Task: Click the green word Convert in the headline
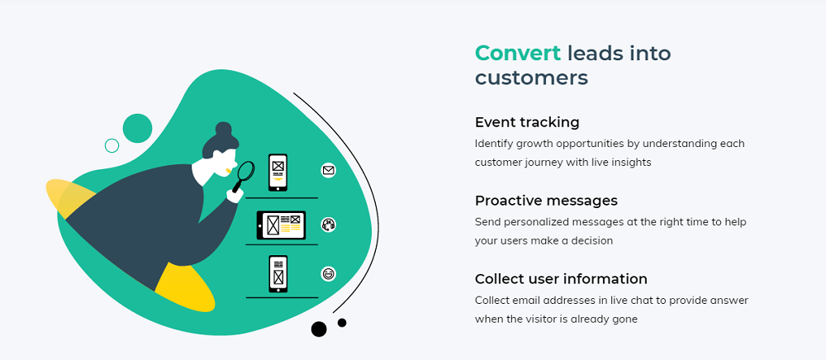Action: point(518,53)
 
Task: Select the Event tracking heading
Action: point(527,123)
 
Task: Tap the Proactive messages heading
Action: point(546,201)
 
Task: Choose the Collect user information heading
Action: point(561,278)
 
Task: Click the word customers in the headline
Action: point(531,78)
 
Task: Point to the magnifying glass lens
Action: point(246,171)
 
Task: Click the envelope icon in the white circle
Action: point(328,171)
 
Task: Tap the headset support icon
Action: point(328,225)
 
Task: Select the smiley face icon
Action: point(328,273)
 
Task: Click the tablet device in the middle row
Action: point(281,225)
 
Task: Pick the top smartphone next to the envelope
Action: point(278,172)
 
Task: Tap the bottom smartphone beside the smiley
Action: point(278,273)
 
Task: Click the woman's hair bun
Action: point(223,129)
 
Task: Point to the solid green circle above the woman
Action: point(137,128)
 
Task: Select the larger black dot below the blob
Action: point(319,329)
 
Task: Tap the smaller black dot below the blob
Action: point(342,323)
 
